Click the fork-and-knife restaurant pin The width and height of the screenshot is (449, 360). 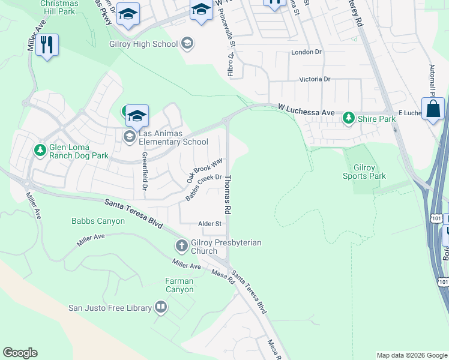coord(47,45)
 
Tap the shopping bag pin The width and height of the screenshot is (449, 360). coord(433,109)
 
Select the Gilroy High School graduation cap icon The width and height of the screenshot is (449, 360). coord(187,43)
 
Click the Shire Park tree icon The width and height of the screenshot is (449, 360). coord(348,119)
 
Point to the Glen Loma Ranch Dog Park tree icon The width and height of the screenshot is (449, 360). coord(40,149)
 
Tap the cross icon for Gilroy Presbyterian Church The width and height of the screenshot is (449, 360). coord(181,245)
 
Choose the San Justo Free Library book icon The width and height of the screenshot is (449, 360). coord(161,308)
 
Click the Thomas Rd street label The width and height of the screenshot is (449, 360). coord(228,195)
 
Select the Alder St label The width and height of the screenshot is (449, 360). coord(210,224)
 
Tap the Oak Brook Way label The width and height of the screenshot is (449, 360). coord(205,170)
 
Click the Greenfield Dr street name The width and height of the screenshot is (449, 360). coord(145,171)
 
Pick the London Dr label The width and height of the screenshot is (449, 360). coord(306,52)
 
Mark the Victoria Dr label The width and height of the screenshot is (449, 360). coord(315,79)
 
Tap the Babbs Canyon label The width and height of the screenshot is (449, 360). coord(98,221)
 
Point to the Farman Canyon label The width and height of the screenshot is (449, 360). coord(179,285)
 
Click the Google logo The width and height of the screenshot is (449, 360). coord(20,353)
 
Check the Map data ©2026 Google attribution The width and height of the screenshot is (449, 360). coord(411,355)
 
